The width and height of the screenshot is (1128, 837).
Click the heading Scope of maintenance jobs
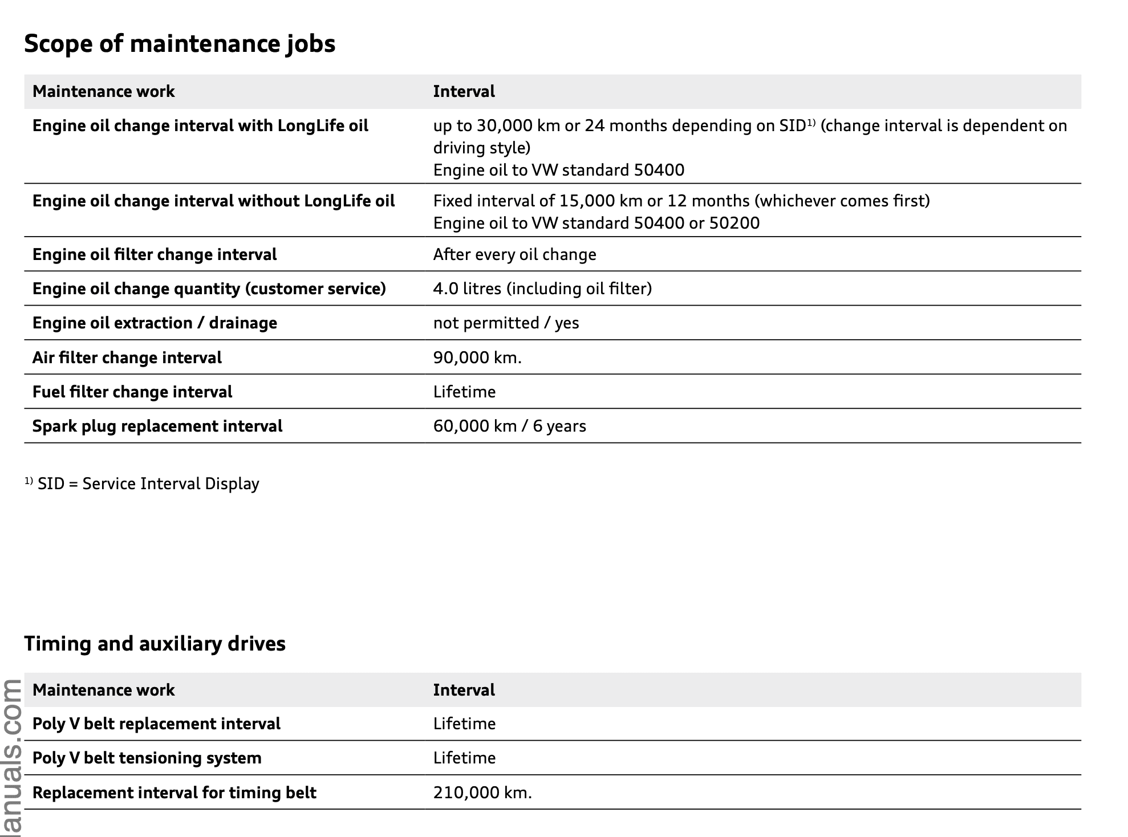[x=180, y=44]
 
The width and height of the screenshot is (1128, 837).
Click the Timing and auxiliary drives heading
[x=155, y=644]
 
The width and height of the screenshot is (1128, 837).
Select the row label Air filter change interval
[x=127, y=357]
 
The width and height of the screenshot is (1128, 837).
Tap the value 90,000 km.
[x=477, y=357]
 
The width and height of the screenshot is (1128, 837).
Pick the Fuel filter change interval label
[x=132, y=392]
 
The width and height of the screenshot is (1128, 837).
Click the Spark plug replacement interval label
[x=157, y=426]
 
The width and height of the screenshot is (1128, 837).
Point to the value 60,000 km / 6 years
[x=509, y=426]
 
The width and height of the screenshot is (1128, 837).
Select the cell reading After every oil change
[x=514, y=254]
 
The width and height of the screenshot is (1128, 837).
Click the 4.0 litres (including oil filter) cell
[x=542, y=289]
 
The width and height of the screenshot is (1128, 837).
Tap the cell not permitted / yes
[x=506, y=323]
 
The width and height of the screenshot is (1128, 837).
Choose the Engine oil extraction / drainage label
[x=155, y=323]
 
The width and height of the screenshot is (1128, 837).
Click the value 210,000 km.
[x=482, y=793]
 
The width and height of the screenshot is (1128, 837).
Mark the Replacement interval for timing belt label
[x=174, y=793]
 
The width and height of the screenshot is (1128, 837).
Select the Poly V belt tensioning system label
[x=147, y=758]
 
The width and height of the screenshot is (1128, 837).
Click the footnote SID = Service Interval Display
[x=147, y=483]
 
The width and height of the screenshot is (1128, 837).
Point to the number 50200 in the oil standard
[x=734, y=223]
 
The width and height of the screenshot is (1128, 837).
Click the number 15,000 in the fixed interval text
[x=587, y=201]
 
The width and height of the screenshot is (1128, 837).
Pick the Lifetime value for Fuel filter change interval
[x=464, y=392]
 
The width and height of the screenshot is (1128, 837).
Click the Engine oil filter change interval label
[x=155, y=254]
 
